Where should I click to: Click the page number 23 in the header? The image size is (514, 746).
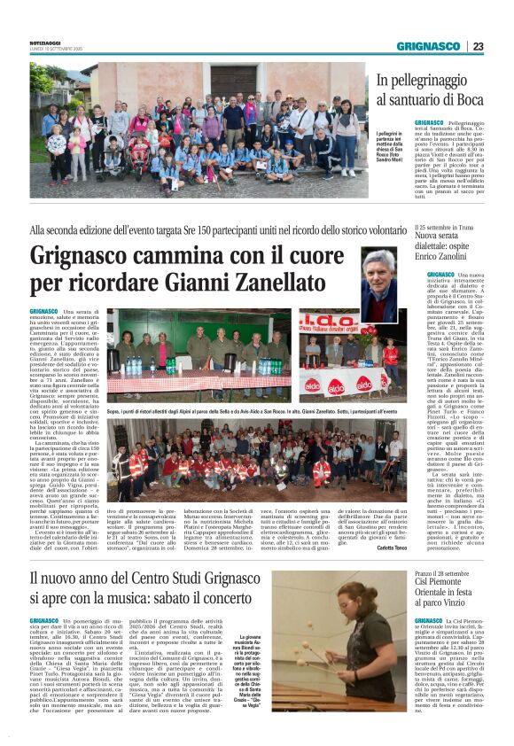[x=478, y=46]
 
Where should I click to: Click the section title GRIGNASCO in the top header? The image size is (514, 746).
[x=428, y=46]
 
